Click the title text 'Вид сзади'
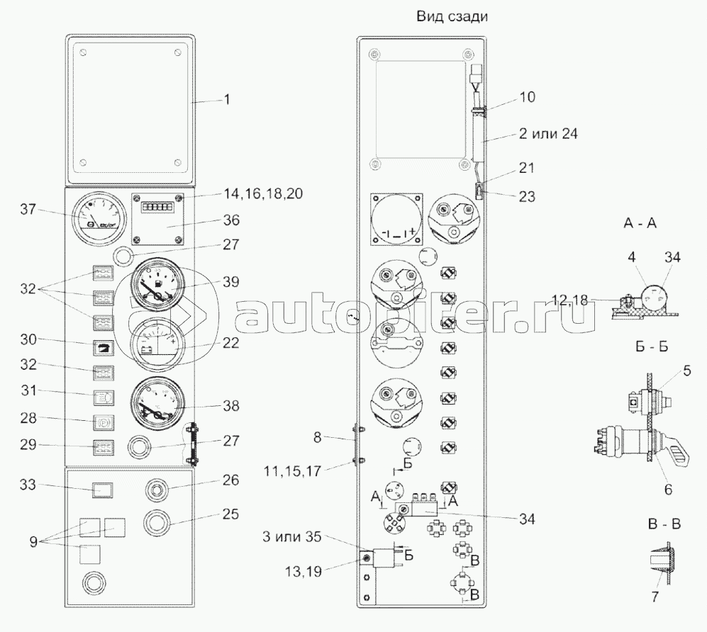point(452,17)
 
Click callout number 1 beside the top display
point(227,99)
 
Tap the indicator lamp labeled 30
point(104,348)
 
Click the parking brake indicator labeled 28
point(104,422)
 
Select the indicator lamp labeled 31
point(104,397)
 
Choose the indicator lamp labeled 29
point(104,447)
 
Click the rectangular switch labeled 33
point(104,490)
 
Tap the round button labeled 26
point(156,489)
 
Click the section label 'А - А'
point(640,222)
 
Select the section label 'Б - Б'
point(651,346)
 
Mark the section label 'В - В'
point(664,524)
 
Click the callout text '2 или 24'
point(548,134)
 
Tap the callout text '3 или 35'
point(291,537)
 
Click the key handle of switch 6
point(675,457)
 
